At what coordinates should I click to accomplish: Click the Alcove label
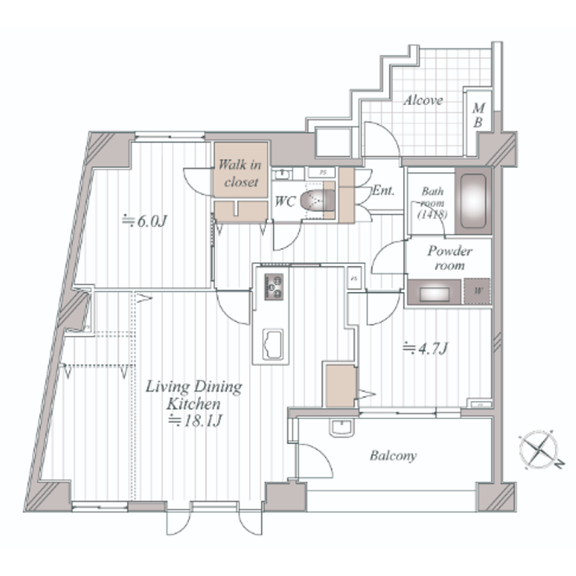(424, 100)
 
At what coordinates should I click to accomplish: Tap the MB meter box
(477, 115)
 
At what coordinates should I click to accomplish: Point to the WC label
(284, 201)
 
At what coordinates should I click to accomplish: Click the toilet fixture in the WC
(320, 200)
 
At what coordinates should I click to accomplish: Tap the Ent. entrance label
(383, 191)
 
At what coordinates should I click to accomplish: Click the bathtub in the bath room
(474, 200)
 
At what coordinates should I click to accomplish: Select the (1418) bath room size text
(432, 213)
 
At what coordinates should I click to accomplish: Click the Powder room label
(449, 258)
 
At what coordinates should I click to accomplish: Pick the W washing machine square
(477, 293)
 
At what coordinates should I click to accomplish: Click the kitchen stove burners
(275, 287)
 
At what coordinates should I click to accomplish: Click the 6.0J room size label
(147, 221)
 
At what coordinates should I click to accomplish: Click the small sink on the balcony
(341, 428)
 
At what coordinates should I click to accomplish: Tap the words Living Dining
(195, 388)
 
